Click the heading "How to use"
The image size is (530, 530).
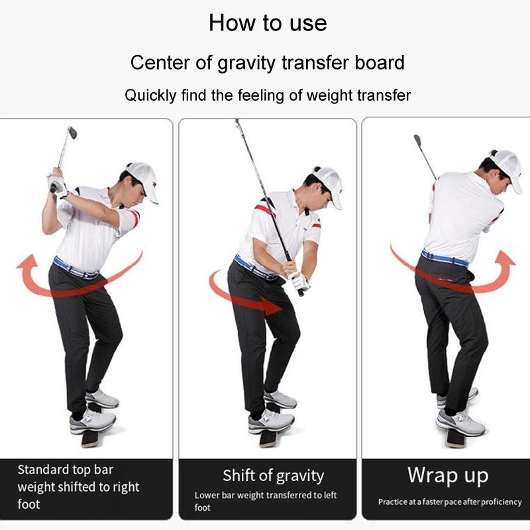pos(268,23)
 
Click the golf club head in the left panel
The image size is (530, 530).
pos(72,132)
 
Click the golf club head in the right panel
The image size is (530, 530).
pos(417,140)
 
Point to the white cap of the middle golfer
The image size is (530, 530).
pos(327,183)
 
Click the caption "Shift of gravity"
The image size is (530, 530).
pos(273,476)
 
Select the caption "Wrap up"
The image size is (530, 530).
pos(448,475)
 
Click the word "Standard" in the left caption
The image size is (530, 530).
pos(42,470)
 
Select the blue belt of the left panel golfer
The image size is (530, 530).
pos(74,269)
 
